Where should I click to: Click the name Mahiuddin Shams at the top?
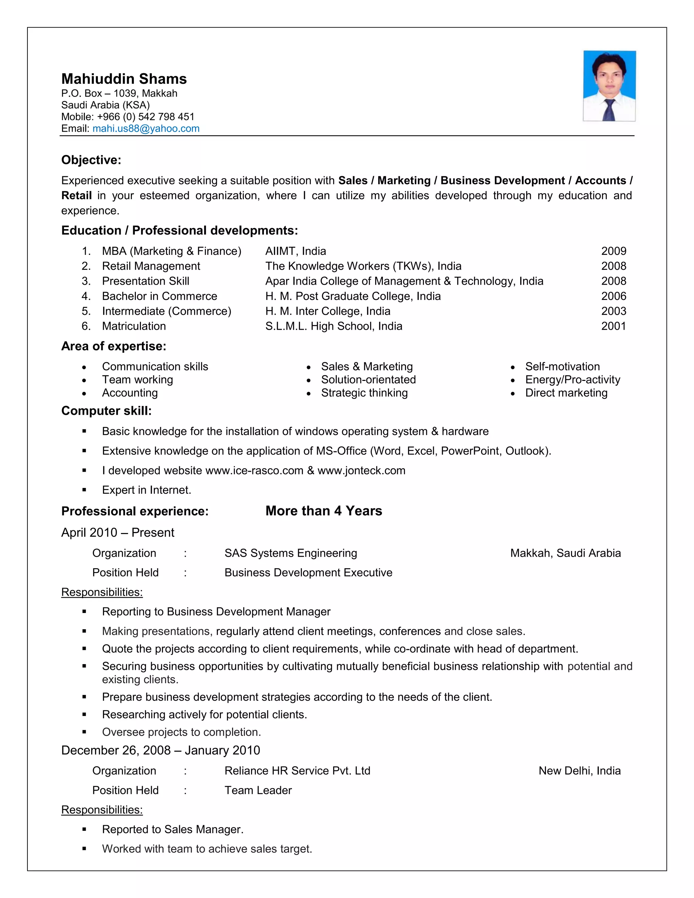point(124,79)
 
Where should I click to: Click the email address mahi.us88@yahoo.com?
point(146,129)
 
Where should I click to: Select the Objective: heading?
point(91,160)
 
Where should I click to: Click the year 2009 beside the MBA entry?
point(613,251)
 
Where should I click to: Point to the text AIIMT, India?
point(295,251)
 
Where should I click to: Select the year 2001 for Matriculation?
point(613,326)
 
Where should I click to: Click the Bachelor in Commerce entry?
point(160,296)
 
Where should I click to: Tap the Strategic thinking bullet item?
point(364,393)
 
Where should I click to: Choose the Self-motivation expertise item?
point(562,366)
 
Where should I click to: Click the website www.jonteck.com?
point(361,470)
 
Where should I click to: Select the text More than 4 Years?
point(324,511)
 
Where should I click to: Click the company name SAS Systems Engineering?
point(291,553)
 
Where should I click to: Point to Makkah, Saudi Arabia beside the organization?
point(565,553)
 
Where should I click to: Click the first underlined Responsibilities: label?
point(102,592)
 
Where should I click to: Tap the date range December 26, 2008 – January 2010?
point(160,750)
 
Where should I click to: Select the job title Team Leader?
point(258,790)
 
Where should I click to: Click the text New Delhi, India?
point(579,771)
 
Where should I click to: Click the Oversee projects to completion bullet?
point(181,732)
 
